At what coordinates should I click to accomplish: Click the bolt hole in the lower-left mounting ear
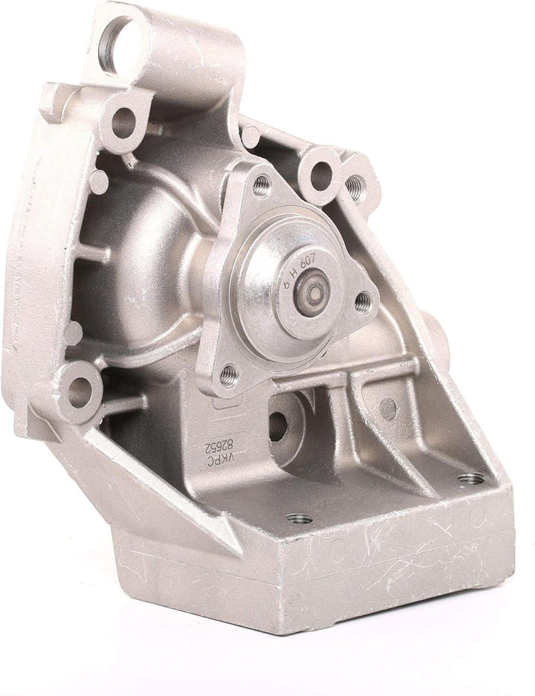[x=80, y=390]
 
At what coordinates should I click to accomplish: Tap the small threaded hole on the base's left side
[x=299, y=518]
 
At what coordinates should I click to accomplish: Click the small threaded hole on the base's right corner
[x=470, y=479]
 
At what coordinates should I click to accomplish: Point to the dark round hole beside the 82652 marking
[x=278, y=425]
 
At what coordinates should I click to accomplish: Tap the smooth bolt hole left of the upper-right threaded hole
[x=321, y=176]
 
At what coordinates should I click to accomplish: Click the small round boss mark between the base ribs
[x=388, y=407]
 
